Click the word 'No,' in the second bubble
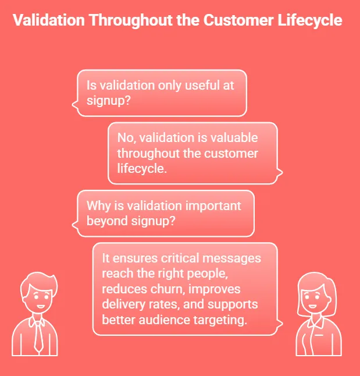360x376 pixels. tap(126, 138)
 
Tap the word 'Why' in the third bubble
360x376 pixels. tap(98, 206)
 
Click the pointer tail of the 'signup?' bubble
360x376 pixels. tap(73, 105)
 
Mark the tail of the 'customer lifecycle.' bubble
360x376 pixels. tap(281, 172)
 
